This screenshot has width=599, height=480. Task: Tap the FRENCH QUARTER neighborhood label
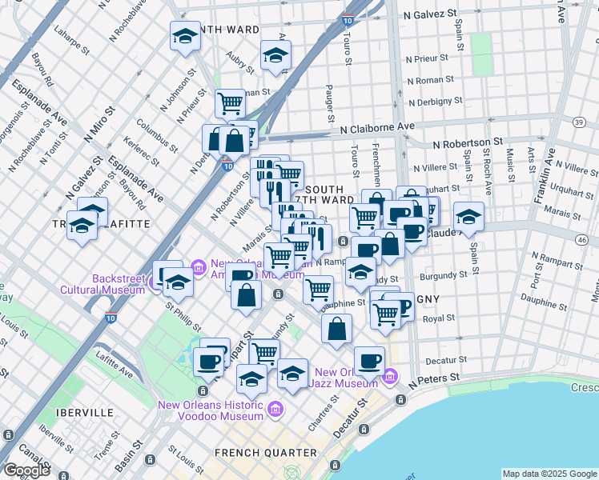259,453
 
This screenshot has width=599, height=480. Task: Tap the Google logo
26,470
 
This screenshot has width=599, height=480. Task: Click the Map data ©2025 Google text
549,474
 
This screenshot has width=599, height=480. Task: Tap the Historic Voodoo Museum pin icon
275,410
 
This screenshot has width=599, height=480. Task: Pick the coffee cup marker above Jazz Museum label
368,361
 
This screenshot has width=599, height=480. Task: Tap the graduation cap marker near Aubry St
275,55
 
